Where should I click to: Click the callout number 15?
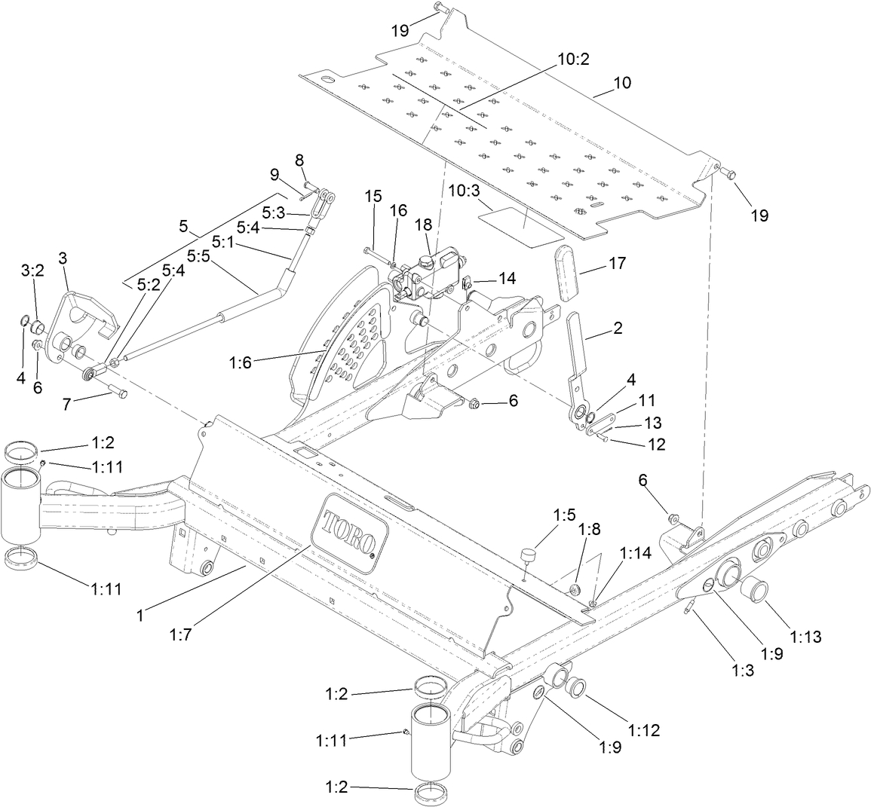tap(373, 196)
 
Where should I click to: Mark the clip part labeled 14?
tap(467, 284)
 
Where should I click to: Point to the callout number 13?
tap(651, 422)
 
